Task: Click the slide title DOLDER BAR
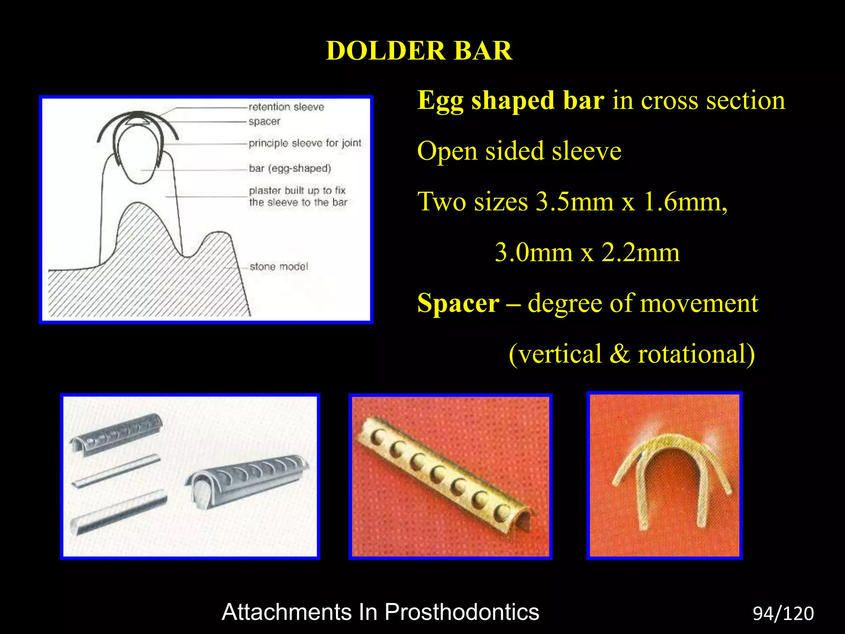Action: coord(419,51)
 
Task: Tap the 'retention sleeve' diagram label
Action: coord(286,107)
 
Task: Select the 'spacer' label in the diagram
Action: coord(264,122)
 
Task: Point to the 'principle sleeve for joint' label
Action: coord(305,143)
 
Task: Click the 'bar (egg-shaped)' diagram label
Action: coord(290,168)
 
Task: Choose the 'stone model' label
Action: coord(279,267)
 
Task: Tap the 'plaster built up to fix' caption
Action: coord(297,191)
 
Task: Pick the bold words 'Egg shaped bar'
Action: coord(510,100)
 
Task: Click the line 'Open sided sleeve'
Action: coord(519,151)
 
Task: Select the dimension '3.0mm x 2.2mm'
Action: coord(587,253)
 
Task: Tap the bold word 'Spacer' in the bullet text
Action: coord(458,303)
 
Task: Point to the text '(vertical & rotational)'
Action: coord(631,354)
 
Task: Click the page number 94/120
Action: coord(783,614)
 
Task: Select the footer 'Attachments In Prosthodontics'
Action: coord(380,612)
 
